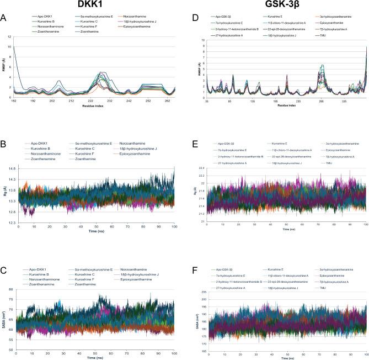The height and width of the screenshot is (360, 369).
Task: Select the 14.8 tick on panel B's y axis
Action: pyautogui.click(x=11, y=166)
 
